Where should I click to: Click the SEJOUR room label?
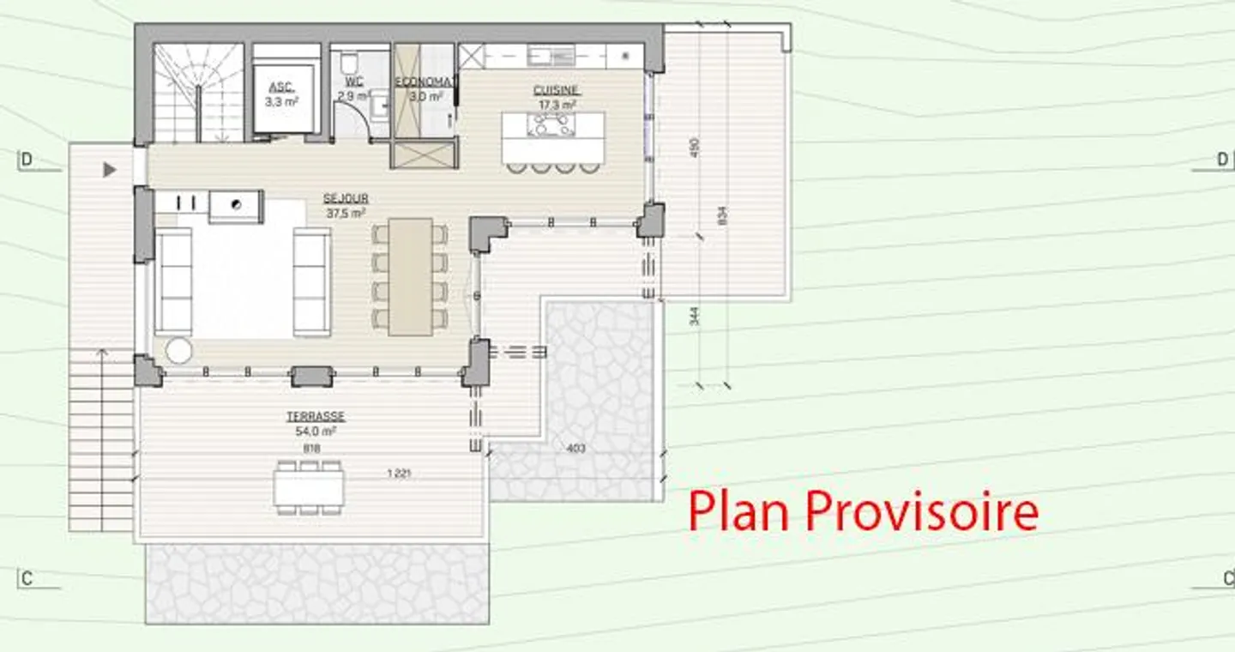click(346, 199)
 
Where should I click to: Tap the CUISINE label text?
click(557, 90)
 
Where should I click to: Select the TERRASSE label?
click(316, 417)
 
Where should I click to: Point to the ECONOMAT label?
click(422, 82)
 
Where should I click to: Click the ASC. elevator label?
click(280, 88)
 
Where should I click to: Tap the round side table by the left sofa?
click(179, 350)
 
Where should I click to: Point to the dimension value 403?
click(575, 448)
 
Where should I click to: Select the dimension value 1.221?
click(398, 474)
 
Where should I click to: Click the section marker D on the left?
click(27, 160)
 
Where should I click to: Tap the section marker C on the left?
click(27, 579)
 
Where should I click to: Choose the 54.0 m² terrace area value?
click(316, 432)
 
